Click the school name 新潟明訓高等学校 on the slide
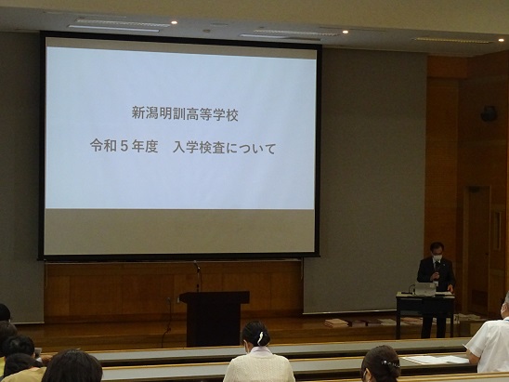pyautogui.click(x=185, y=114)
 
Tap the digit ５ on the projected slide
pyautogui.click(x=124, y=147)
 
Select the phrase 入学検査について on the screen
pyautogui.click(x=224, y=148)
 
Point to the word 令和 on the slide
pyautogui.click(x=103, y=146)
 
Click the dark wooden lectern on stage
pyautogui.click(x=214, y=318)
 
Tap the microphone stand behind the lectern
pyautogui.click(x=197, y=276)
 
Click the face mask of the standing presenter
pyautogui.click(x=437, y=257)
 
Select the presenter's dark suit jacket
pyautogui.click(x=436, y=274)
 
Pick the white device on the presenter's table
pyautogui.click(x=424, y=289)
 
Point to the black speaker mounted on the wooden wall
pyautogui.click(x=489, y=113)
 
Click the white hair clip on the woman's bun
pyautogui.click(x=261, y=337)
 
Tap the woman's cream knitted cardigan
pyautogui.click(x=259, y=367)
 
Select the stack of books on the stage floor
pyautogui.click(x=335, y=323)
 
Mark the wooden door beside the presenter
pyautogui.click(x=476, y=251)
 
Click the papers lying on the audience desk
pyautogui.click(x=436, y=360)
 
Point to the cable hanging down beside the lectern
pyautogui.click(x=168, y=322)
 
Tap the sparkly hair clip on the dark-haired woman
pyautogui.click(x=390, y=364)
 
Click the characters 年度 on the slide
pyautogui.click(x=145, y=147)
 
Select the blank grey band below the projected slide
pyautogui.click(x=179, y=231)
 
